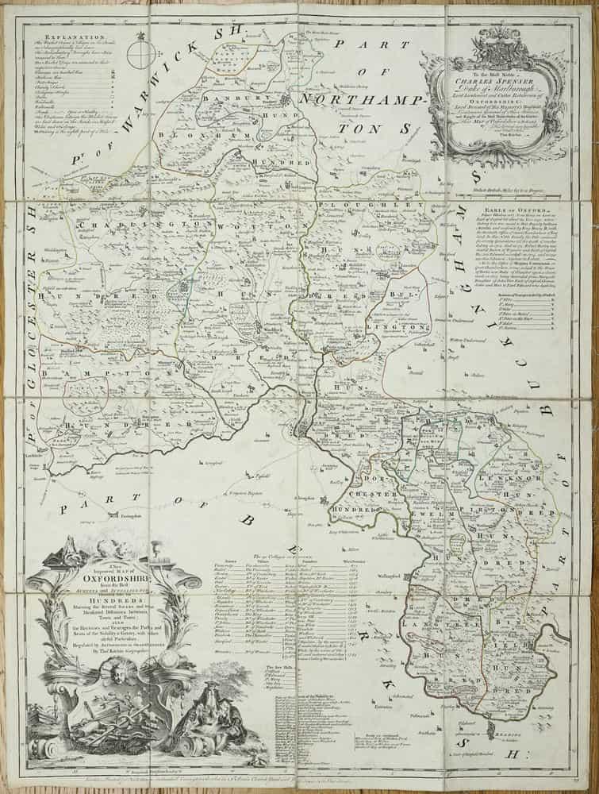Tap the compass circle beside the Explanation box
(x=140, y=56)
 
